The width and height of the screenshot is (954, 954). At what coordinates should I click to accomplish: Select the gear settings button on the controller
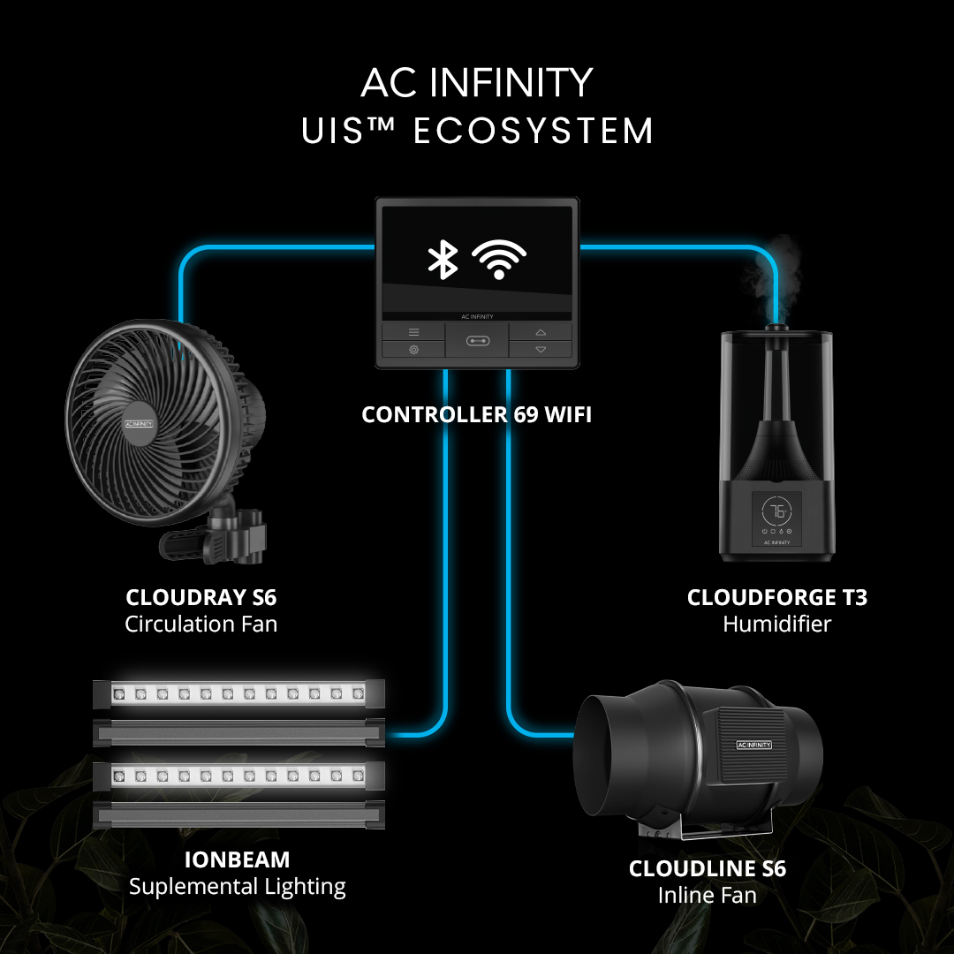(x=413, y=350)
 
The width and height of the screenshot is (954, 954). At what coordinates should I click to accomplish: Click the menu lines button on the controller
(x=413, y=332)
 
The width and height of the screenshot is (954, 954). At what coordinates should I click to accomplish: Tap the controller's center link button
(x=476, y=341)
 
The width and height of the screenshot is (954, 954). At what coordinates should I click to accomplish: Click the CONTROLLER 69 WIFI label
(x=477, y=413)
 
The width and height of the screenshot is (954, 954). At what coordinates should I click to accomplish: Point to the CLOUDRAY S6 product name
(x=201, y=598)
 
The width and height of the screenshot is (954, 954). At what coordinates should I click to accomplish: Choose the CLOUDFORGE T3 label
(x=777, y=598)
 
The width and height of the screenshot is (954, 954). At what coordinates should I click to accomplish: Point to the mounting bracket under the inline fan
(x=707, y=830)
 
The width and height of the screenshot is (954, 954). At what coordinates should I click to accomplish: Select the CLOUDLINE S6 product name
(x=707, y=868)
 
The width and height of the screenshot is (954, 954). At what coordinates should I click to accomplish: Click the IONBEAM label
(x=237, y=859)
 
